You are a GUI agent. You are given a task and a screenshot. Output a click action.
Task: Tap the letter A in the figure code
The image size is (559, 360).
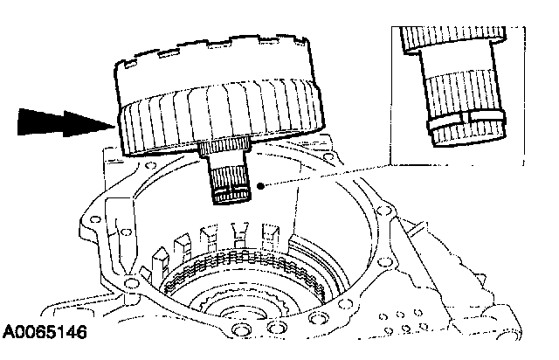click(10, 334)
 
